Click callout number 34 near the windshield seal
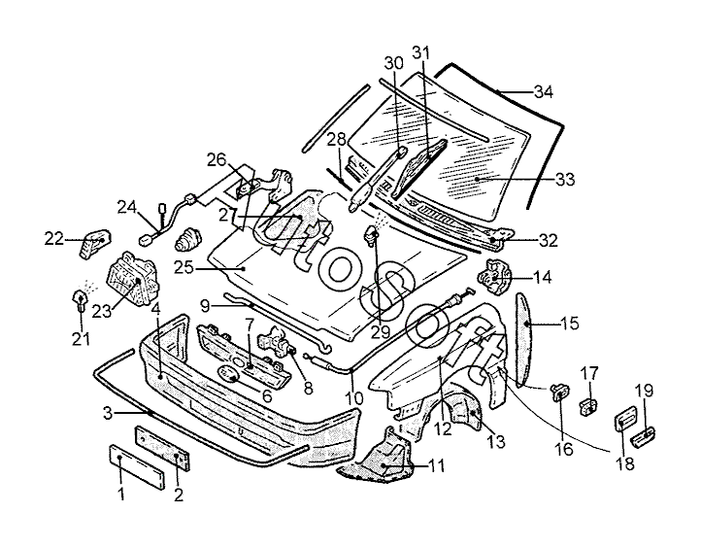click(542, 93)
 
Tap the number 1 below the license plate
click(121, 496)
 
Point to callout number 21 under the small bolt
click(81, 339)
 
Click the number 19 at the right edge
click(644, 392)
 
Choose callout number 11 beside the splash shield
click(437, 466)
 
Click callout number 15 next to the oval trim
click(569, 324)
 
